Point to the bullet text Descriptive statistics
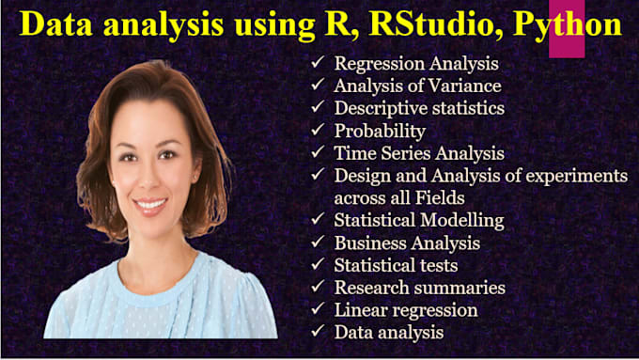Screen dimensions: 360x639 (419, 108)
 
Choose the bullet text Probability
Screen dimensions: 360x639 (380, 131)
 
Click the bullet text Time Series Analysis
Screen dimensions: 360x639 (419, 153)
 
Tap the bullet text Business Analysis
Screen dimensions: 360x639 (407, 243)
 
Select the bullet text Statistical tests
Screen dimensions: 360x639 (396, 266)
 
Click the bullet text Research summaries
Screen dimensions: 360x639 (419, 288)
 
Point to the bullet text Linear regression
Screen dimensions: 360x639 (406, 310)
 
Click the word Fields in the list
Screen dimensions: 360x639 (452, 198)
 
